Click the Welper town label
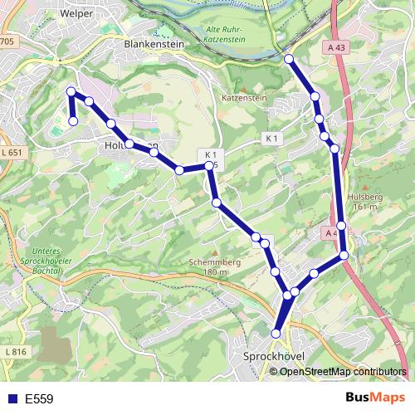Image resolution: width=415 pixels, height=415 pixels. click(76, 13)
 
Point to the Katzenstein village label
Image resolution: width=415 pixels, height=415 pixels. click(244, 98)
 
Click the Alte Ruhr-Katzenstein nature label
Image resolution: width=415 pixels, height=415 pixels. click(222, 33)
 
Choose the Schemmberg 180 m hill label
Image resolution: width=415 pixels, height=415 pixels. click(213, 266)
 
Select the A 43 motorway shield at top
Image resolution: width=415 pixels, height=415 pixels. click(337, 48)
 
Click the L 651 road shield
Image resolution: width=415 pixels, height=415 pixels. click(12, 153)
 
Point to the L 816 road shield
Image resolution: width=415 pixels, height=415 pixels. click(14, 353)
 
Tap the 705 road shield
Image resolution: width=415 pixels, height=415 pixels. click(7, 41)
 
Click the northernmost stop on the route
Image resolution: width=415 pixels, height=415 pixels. click(289, 59)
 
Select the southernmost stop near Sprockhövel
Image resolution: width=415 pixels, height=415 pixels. click(276, 334)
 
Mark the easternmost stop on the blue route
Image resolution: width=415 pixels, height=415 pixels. click(344, 255)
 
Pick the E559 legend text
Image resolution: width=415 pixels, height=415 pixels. click(39, 399)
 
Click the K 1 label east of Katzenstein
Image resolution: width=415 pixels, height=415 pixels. click(272, 137)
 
